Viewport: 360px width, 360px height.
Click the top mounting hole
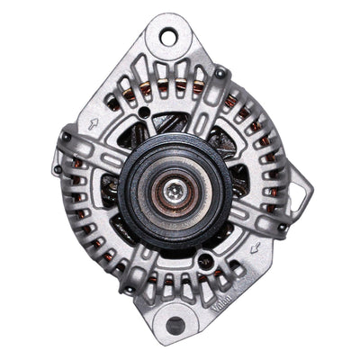pyautogui.click(x=168, y=37)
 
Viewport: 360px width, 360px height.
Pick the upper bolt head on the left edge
pyautogui.click(x=65, y=137)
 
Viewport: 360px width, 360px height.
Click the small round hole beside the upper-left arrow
pyautogui.click(x=144, y=112)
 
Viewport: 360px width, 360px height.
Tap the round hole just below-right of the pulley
pyautogui.click(x=208, y=262)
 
